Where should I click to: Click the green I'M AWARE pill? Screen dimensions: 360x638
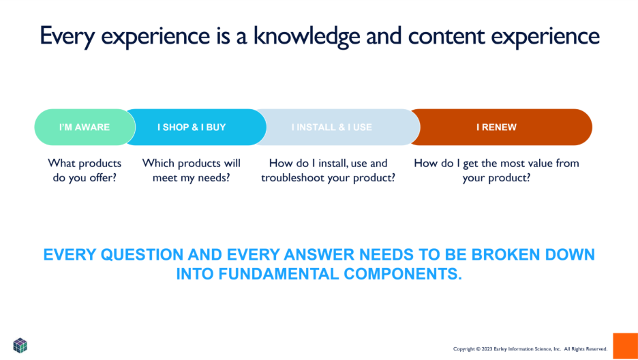pos(84,127)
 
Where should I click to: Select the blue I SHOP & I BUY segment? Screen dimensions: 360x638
pos(192,127)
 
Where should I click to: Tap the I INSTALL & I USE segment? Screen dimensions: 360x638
pos(332,127)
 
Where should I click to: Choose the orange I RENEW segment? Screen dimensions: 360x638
pos(496,127)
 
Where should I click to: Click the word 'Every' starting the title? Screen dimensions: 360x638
pos(65,36)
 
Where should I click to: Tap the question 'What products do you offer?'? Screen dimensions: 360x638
pos(85,170)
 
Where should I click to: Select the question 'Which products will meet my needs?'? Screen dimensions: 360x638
pos(192,170)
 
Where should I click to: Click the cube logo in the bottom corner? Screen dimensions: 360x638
pos(20,345)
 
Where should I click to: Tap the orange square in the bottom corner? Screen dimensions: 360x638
pos(625,346)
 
